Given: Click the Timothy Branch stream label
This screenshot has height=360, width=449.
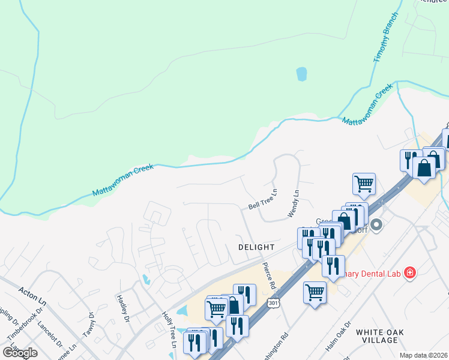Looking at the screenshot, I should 386,37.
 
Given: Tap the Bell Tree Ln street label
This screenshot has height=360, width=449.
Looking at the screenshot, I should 264,200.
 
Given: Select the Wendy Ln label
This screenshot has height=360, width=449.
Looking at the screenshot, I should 294,203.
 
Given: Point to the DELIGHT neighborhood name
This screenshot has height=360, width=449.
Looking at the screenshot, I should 256,247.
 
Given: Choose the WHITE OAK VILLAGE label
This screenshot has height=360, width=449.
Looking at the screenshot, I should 385,336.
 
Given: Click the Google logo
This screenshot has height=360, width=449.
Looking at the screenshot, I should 20,352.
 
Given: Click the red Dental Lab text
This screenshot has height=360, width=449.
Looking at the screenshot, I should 370,274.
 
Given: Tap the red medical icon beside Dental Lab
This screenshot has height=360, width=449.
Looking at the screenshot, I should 410,274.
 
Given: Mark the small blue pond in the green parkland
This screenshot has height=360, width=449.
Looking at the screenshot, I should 301,74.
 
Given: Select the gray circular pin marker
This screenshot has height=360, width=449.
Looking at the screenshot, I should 376,226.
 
